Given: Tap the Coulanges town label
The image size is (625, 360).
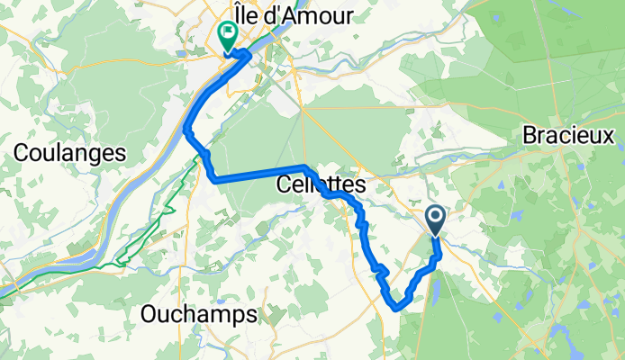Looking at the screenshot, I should pyautogui.click(x=69, y=153).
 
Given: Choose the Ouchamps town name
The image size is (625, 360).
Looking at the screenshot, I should pyautogui.click(x=199, y=314).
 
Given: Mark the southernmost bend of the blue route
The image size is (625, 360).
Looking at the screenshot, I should pyautogui.click(x=396, y=308).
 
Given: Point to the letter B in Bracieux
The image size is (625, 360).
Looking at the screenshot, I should pyautogui.click(x=529, y=136).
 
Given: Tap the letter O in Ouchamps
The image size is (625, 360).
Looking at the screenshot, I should pyautogui.click(x=151, y=314).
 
